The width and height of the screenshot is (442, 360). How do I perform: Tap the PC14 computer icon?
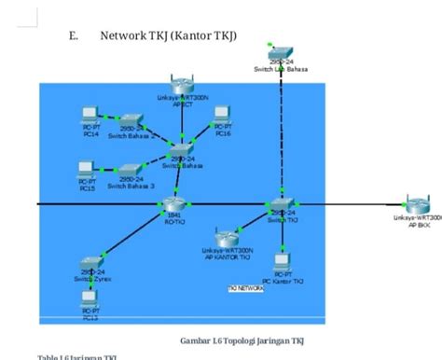[x=90, y=117]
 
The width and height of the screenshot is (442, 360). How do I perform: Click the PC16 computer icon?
[x=222, y=116]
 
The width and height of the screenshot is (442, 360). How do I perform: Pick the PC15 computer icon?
[x=87, y=171]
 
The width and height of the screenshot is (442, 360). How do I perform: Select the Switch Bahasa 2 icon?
[x=131, y=122]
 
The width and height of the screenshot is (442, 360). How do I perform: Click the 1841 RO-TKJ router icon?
[x=173, y=204]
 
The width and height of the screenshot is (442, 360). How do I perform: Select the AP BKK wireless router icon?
[x=417, y=205]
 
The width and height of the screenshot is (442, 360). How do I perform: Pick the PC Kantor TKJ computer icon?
[x=281, y=262]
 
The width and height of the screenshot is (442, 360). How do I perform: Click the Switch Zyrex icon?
[x=91, y=263]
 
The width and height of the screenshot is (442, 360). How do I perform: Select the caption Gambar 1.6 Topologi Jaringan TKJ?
[x=242, y=339]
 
